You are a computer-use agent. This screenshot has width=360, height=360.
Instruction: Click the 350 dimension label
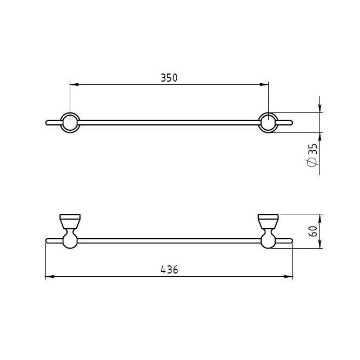tap(169, 78)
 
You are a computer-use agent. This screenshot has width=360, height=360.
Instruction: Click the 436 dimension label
tap(169, 270)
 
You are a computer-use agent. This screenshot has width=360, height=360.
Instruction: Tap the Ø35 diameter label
tap(312, 155)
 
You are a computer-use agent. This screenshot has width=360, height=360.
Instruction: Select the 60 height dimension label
tap(313, 231)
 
